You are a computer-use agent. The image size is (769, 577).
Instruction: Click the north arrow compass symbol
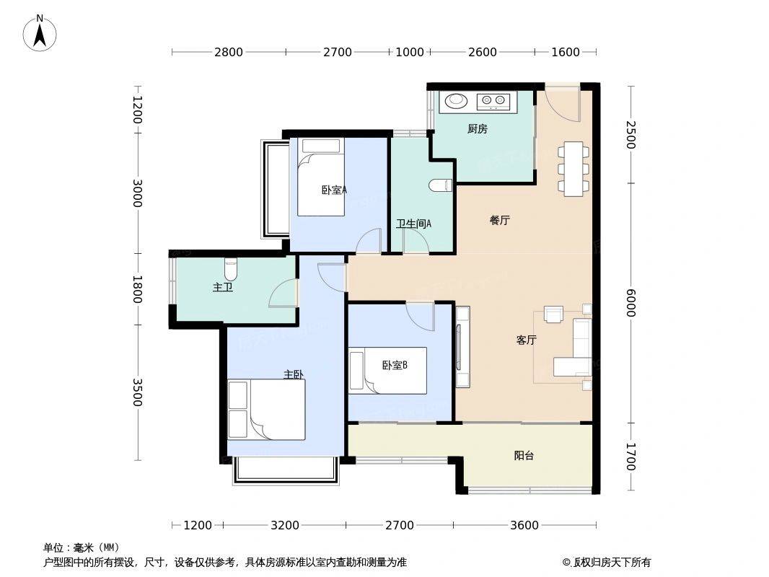[x=40, y=33]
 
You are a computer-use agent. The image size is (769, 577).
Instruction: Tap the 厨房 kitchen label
[x=477, y=129]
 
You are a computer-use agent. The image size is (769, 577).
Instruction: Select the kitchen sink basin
[x=457, y=101]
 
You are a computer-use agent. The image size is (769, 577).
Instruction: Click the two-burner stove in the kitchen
[x=493, y=102]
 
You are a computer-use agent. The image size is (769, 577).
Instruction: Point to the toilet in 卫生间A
[x=439, y=185]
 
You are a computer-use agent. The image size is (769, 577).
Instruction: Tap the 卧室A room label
[x=334, y=190]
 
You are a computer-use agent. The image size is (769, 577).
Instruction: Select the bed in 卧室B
[x=387, y=370]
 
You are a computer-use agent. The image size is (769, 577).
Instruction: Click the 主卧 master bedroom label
[x=294, y=374]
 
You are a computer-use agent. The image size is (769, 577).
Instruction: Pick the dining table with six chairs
[x=573, y=169]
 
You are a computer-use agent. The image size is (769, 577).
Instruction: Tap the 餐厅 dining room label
[x=499, y=220]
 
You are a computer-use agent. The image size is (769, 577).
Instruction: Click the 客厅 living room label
[x=526, y=340]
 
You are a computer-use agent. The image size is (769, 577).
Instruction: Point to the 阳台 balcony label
[x=524, y=455]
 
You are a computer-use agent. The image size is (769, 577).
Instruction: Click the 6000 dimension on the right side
[x=630, y=303]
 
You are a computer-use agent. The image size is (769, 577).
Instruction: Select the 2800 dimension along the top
[x=229, y=52]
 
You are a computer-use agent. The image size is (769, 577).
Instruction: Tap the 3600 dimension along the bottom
[x=524, y=525]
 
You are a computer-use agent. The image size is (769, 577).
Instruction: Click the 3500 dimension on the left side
[x=137, y=392]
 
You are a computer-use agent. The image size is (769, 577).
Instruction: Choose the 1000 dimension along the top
[x=410, y=52]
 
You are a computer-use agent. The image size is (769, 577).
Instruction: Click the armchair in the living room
[x=554, y=314]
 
